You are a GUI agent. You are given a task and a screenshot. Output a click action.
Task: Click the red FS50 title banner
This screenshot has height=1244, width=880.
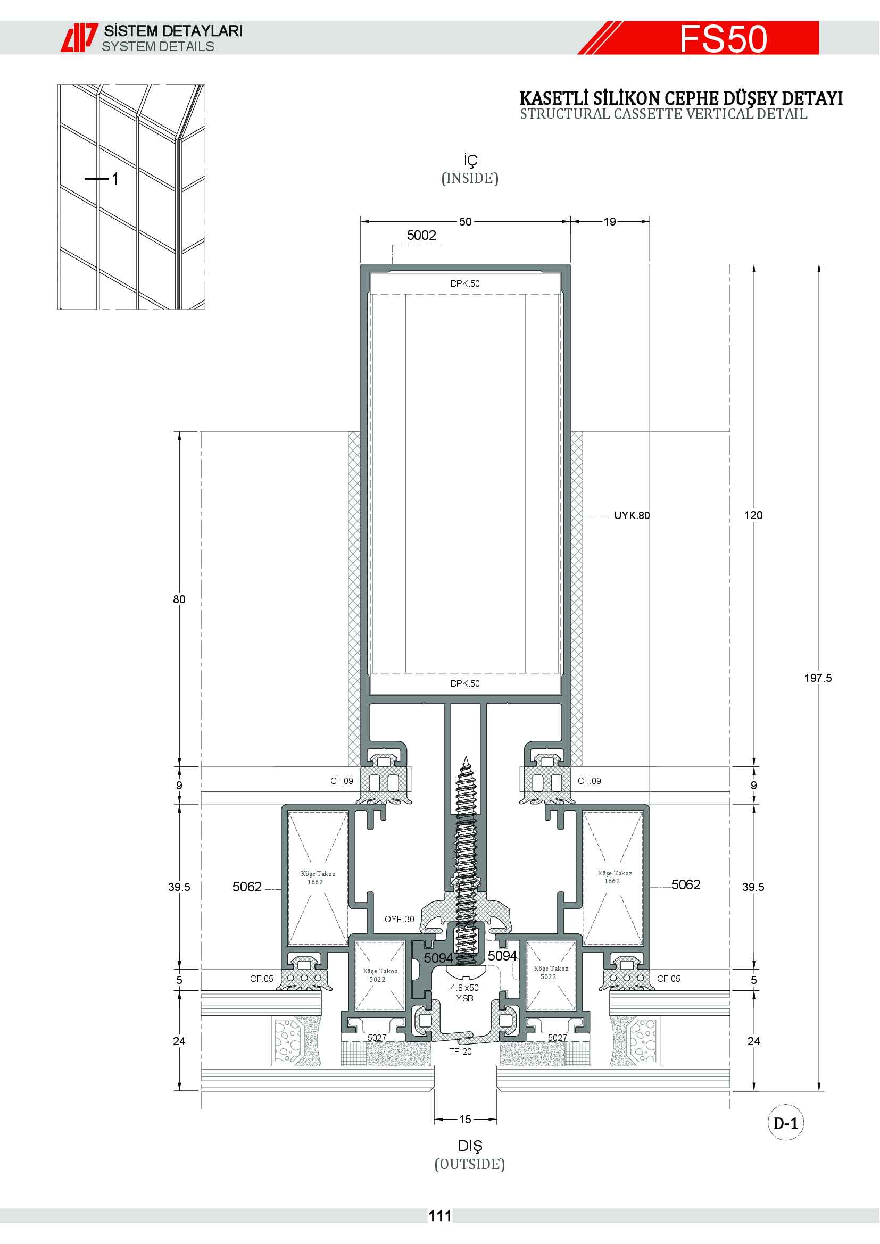[x=699, y=38]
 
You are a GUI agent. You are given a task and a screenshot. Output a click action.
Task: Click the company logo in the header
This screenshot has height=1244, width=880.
[x=79, y=38]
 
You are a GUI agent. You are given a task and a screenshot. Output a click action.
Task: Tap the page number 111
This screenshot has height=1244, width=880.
[x=440, y=1216]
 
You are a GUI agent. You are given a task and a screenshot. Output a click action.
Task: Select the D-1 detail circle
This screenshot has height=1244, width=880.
[x=786, y=1123]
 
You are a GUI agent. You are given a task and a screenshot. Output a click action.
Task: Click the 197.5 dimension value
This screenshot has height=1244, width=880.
[x=818, y=678]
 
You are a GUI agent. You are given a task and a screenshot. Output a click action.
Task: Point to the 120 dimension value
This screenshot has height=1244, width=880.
[x=753, y=515]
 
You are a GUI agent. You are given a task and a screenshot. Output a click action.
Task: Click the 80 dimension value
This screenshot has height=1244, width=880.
[x=179, y=599]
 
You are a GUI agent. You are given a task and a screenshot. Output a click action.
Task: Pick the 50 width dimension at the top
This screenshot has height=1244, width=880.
[x=466, y=222]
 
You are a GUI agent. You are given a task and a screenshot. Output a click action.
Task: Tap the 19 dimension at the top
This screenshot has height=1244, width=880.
[x=610, y=222]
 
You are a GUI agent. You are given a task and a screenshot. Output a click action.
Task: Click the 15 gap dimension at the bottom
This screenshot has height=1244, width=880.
[x=465, y=1120]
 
